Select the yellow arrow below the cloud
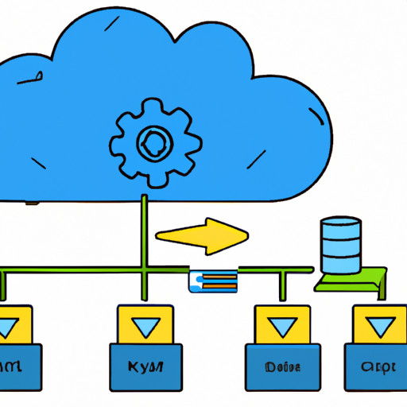[203, 237]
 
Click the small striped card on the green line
[212, 279]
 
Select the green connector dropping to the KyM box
[144, 290]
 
